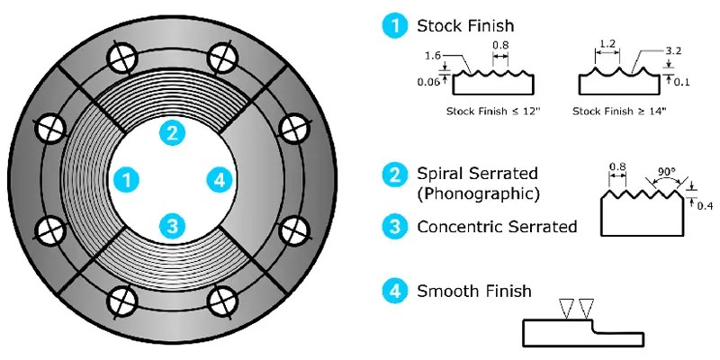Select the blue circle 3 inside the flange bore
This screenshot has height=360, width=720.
[x=172, y=224]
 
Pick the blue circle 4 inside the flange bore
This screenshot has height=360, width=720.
[x=217, y=179]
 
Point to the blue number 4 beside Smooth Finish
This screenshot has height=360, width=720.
[x=394, y=291]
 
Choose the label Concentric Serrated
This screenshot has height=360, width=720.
[x=497, y=227]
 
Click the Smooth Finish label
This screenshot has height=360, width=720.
[x=473, y=292]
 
